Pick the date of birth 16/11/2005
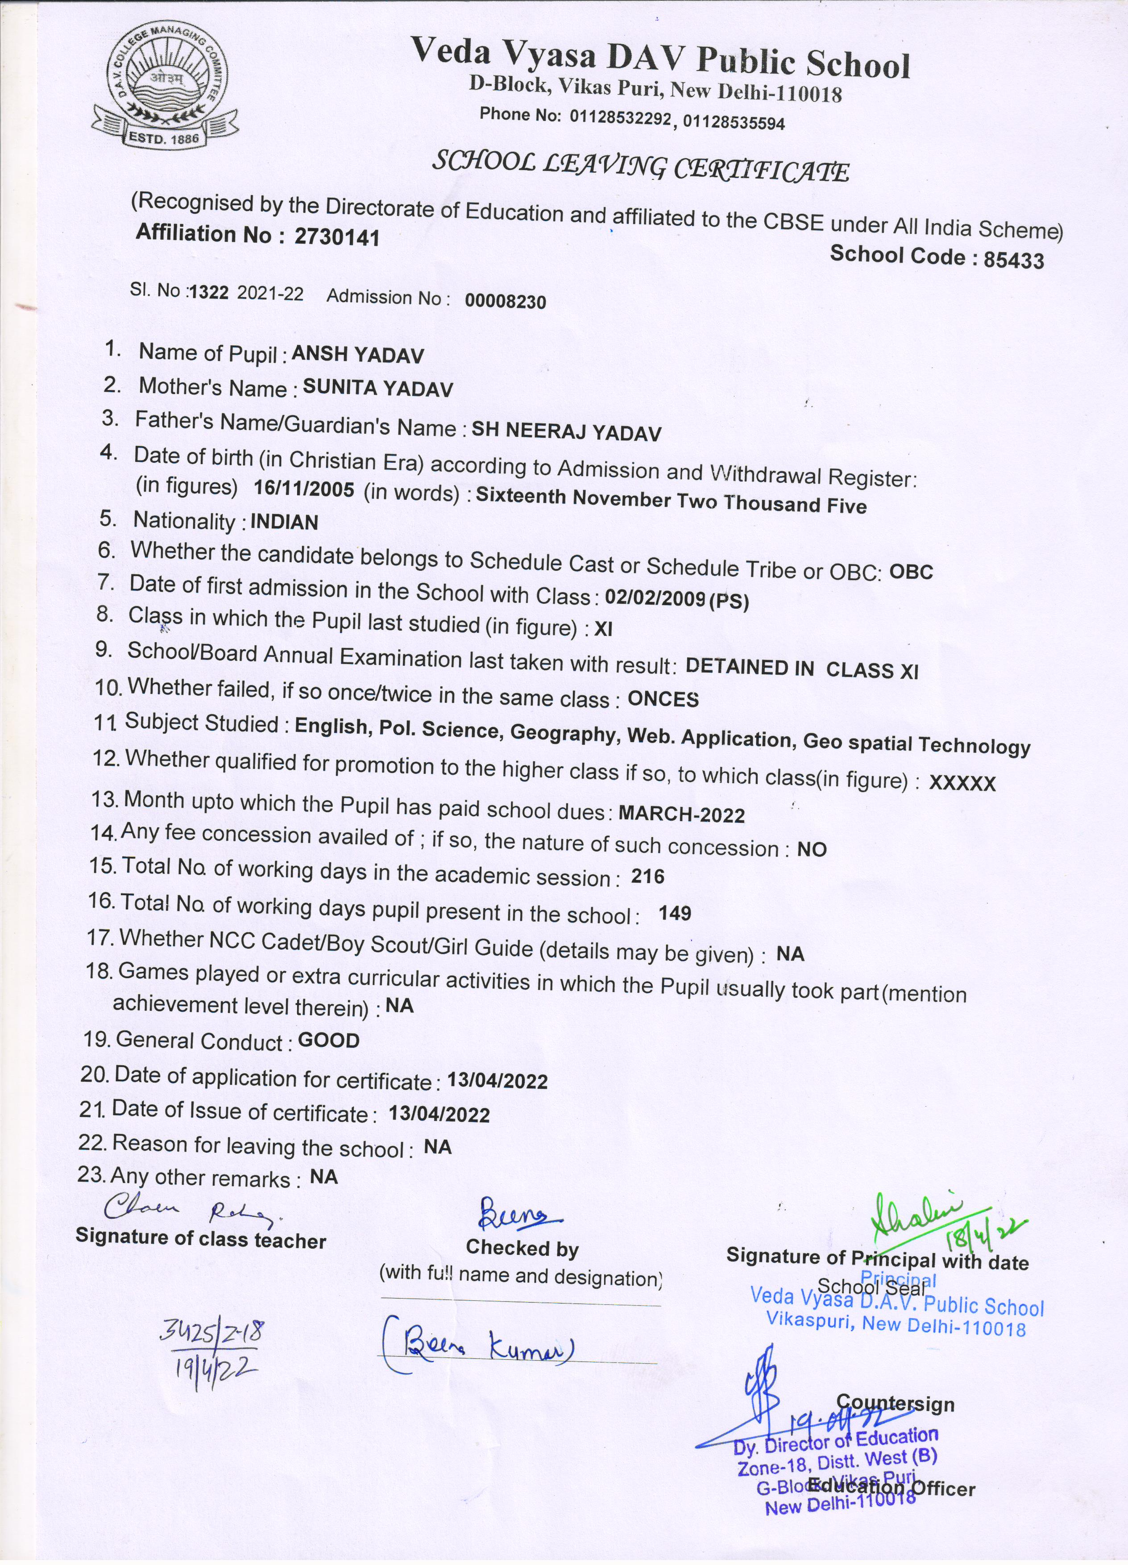(x=303, y=489)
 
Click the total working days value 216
(x=648, y=877)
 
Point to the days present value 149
(x=674, y=913)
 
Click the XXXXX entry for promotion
(x=962, y=783)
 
